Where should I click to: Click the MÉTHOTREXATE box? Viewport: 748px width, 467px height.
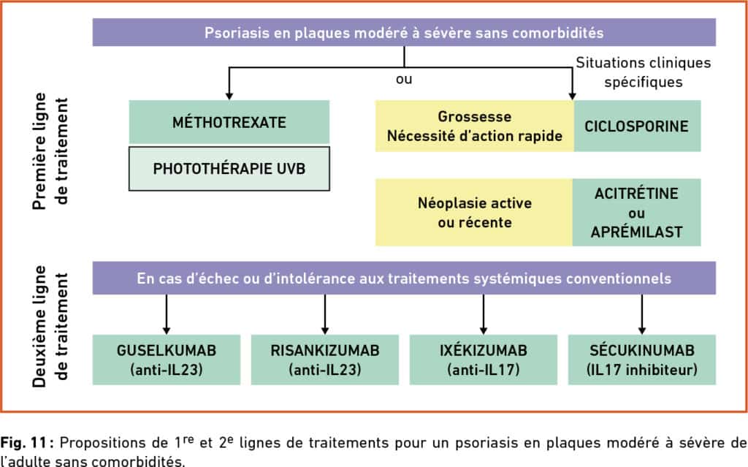click(x=229, y=122)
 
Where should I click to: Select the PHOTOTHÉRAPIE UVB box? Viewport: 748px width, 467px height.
click(x=229, y=169)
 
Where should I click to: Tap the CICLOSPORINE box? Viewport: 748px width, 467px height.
click(x=637, y=126)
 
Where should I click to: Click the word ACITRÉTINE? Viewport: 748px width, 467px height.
click(x=636, y=194)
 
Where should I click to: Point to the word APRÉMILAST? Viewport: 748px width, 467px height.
click(x=636, y=232)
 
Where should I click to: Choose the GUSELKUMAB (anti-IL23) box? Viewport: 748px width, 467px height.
click(x=167, y=360)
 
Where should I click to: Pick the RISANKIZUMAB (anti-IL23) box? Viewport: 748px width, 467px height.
click(x=325, y=360)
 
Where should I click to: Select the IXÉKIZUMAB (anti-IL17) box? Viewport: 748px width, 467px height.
click(x=484, y=360)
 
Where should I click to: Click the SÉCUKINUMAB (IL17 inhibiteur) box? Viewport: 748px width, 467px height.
click(x=641, y=360)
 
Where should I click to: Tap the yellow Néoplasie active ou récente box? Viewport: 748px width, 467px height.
click(x=474, y=213)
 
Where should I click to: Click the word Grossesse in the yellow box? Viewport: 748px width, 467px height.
click(x=475, y=116)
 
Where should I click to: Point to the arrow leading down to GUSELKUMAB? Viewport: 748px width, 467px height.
click(x=167, y=314)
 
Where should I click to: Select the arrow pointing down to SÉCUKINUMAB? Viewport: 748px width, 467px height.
click(x=641, y=314)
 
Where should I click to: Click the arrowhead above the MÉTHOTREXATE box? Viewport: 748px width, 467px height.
click(x=229, y=96)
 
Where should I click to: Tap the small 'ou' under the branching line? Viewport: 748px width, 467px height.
click(x=404, y=79)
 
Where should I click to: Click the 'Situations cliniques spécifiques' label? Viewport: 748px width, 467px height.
click(x=643, y=72)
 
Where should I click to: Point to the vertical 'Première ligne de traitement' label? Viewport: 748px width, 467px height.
click(x=50, y=151)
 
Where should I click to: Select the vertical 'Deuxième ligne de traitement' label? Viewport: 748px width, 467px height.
click(x=50, y=326)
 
